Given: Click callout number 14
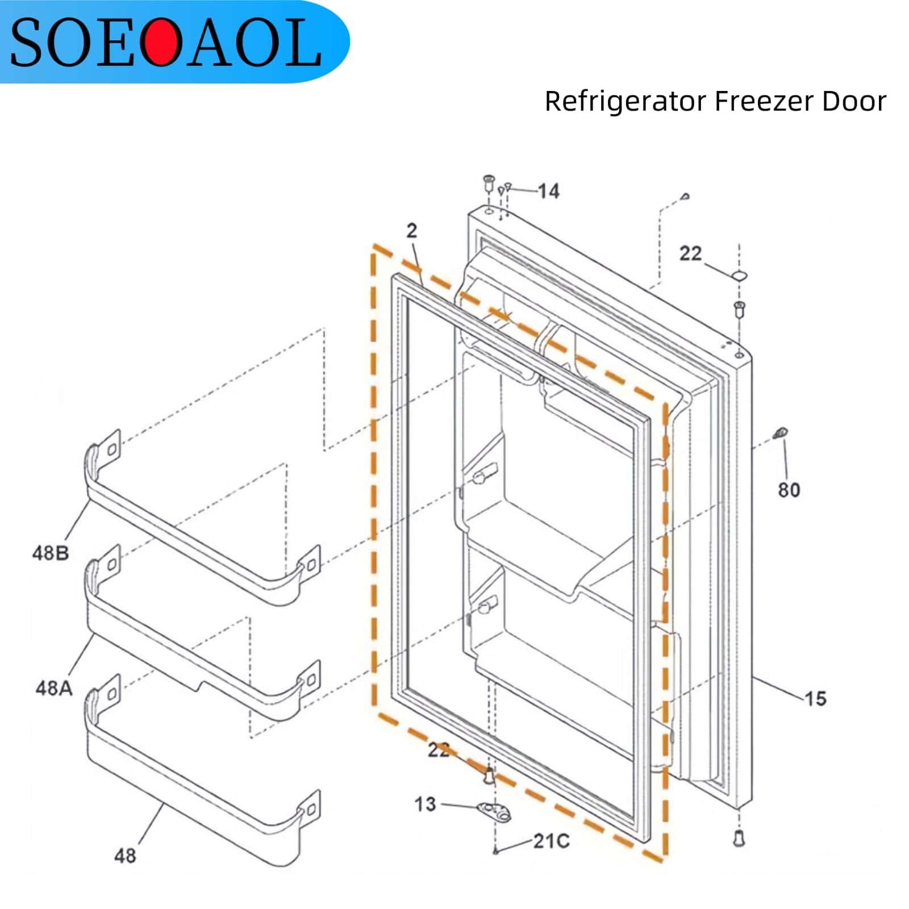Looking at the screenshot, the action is point(548,191).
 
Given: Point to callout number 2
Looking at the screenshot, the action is point(412,230).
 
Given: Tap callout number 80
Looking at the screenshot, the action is point(789,490).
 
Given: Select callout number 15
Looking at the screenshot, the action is point(815,698).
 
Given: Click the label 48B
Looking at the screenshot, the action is point(51,552).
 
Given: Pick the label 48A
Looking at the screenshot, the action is point(54,688).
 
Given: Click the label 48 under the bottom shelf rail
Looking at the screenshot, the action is point(125,855).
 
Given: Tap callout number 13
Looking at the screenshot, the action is point(425,804).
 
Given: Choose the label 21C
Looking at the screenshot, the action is point(551,841).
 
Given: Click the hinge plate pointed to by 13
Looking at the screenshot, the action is point(494,811).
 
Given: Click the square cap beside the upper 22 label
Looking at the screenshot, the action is point(739,275).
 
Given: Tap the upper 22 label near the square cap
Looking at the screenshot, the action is point(690,253).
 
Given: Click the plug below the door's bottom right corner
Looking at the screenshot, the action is point(739,839).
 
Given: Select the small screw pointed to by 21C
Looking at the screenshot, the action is point(496,850).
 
